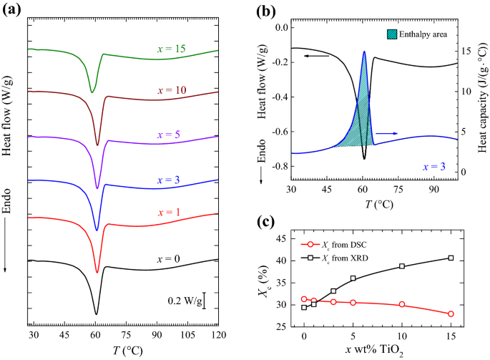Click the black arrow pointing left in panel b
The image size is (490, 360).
pyautogui.click(x=318, y=55)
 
